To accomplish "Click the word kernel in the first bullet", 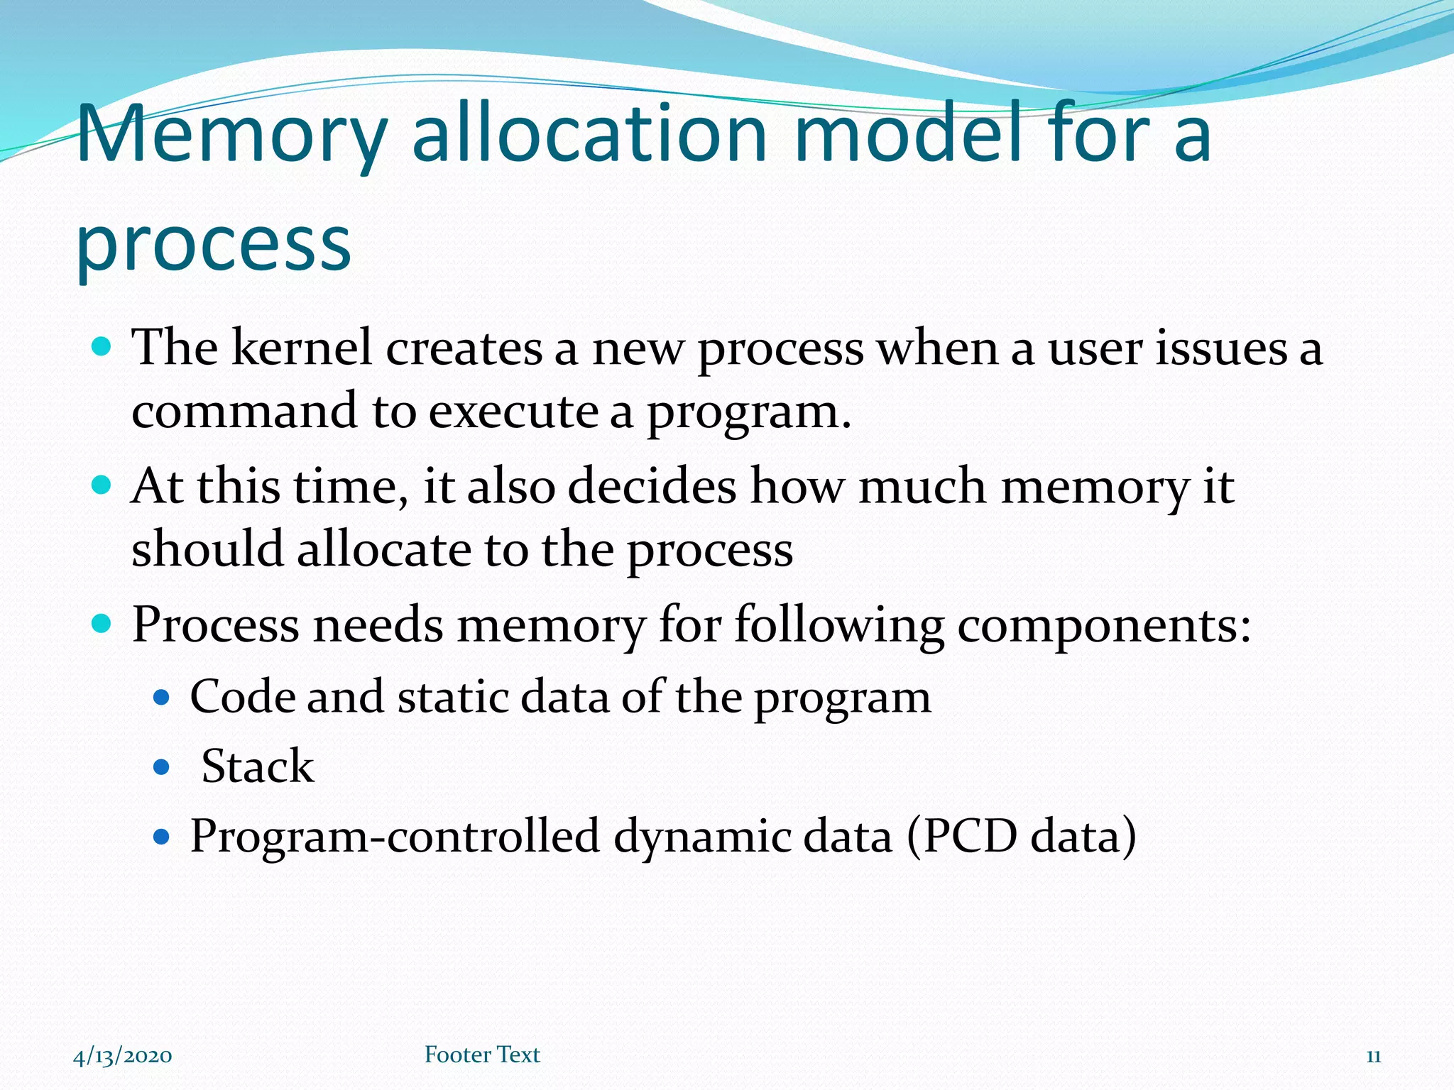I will [x=302, y=349].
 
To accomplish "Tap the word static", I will [x=453, y=697].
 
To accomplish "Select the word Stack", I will [x=257, y=766].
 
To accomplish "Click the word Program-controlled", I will [x=395, y=836].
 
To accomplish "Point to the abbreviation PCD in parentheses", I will [x=970, y=836].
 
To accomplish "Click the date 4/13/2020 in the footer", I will [x=123, y=1056].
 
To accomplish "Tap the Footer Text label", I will [x=482, y=1055].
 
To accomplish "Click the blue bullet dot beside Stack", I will [x=162, y=767].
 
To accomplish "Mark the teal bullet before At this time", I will [x=102, y=485].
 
